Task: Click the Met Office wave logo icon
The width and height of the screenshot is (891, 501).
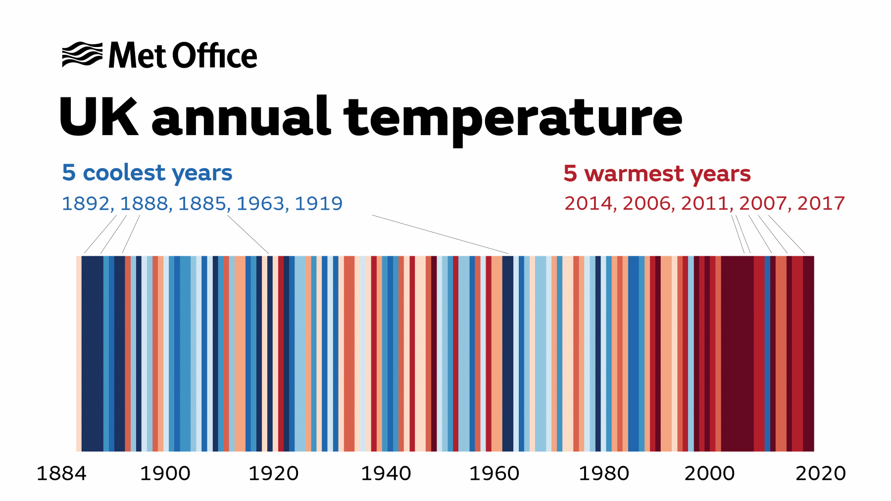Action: click(x=82, y=54)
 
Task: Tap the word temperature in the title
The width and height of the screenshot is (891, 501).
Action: click(x=512, y=119)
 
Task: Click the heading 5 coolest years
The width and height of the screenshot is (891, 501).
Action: click(x=147, y=173)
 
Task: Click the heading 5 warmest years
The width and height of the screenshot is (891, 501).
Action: click(x=657, y=174)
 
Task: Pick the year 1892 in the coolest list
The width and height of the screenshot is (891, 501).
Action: click(x=85, y=203)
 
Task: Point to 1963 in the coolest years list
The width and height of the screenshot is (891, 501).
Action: click(x=260, y=203)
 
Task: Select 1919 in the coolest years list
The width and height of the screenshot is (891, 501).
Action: click(x=318, y=203)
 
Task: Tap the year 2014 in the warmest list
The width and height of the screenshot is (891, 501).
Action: click(x=588, y=203)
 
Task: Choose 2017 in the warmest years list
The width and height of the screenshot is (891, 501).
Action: click(x=821, y=203)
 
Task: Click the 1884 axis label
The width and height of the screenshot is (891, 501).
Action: click(x=61, y=474)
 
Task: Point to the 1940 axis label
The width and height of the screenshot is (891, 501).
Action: click(x=386, y=474)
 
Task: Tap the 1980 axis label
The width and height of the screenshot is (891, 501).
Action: click(x=604, y=474)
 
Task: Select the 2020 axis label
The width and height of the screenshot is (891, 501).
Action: click(x=820, y=474)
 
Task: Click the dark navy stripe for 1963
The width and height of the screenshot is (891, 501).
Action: click(x=508, y=354)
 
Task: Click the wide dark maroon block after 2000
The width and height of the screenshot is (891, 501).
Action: click(x=737, y=354)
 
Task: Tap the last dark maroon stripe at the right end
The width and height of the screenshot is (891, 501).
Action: click(x=808, y=354)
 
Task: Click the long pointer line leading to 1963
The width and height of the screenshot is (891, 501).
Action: click(x=441, y=234)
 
